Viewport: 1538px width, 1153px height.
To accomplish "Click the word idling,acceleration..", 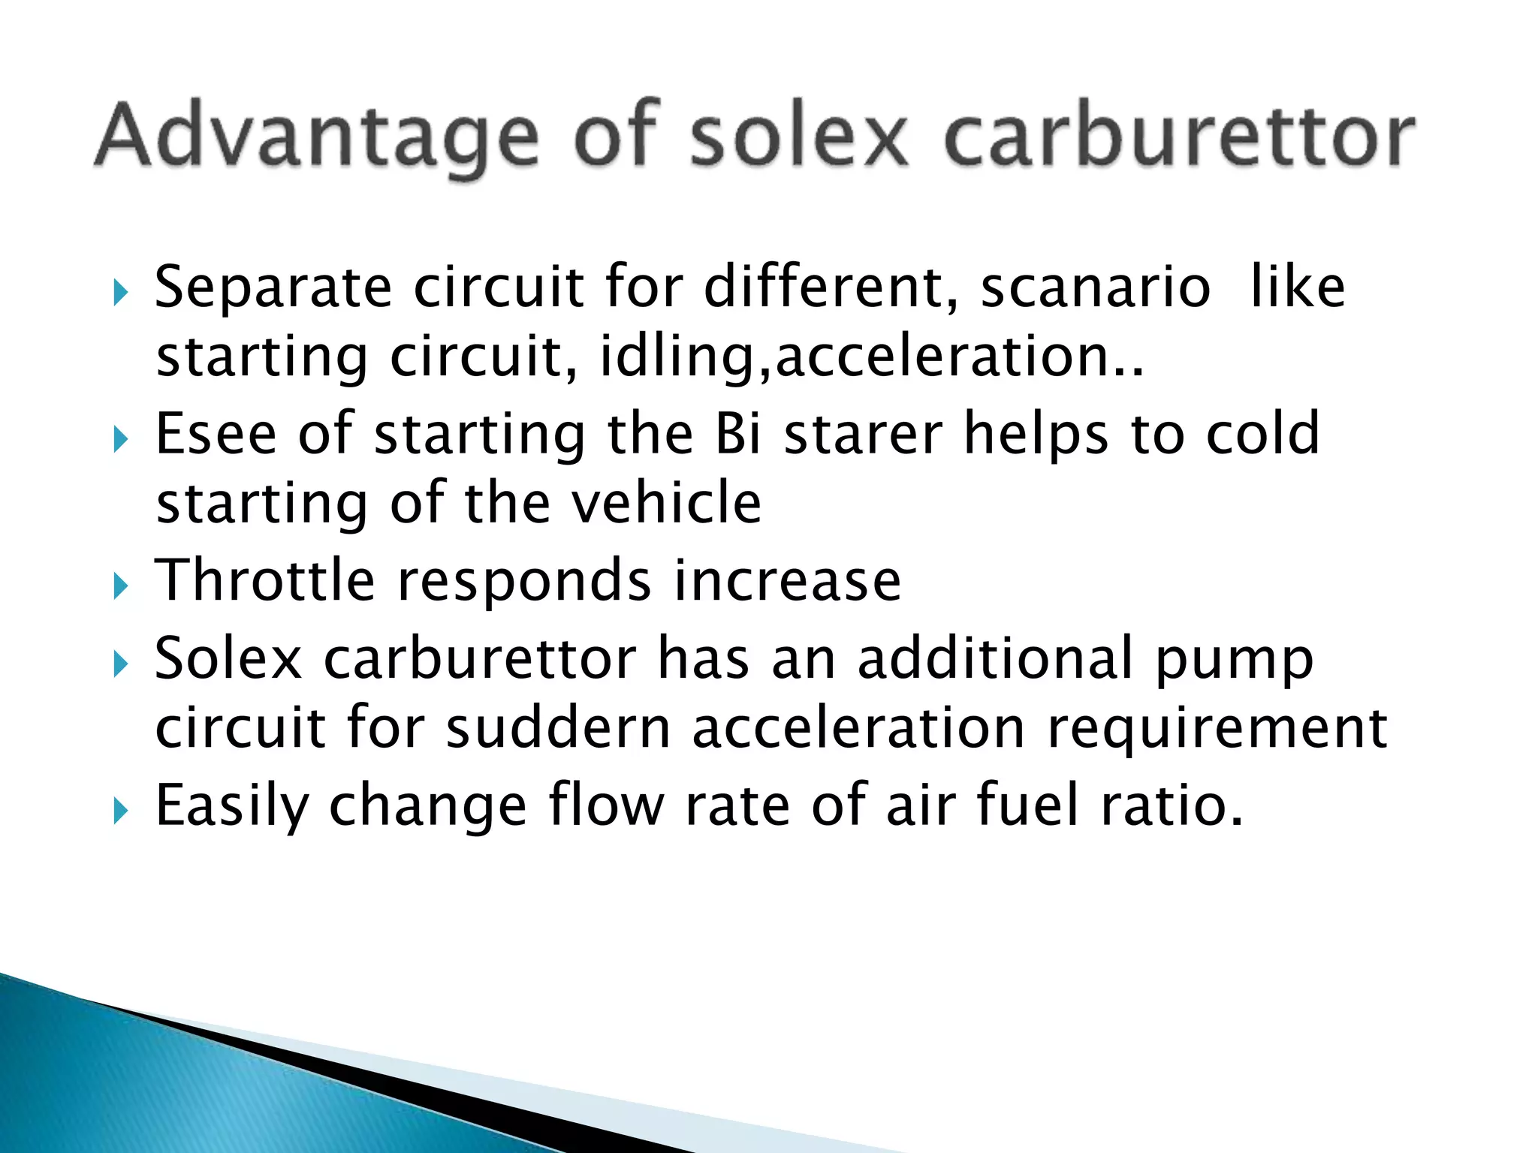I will pyautogui.click(x=872, y=357).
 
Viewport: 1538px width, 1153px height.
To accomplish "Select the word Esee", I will pyautogui.click(x=216, y=434).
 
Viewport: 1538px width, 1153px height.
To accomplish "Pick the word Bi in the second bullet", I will pyautogui.click(x=739, y=434).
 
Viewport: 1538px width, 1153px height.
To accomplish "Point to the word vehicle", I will pyautogui.click(x=667, y=503).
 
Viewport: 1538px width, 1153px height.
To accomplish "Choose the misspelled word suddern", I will pyautogui.click(x=558, y=728).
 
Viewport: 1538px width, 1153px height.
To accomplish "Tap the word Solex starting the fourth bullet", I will pyautogui.click(x=228, y=658).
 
